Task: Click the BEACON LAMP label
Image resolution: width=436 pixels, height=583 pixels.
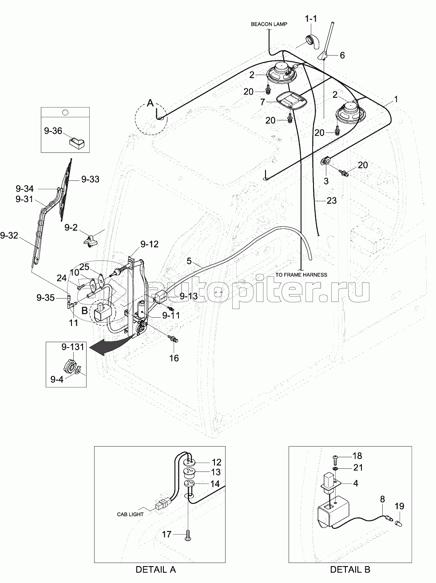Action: (269, 24)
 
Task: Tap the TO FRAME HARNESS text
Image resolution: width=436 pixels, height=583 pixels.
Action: (301, 275)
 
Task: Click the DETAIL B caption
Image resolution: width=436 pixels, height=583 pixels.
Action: (350, 569)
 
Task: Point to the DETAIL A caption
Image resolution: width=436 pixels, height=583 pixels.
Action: (156, 569)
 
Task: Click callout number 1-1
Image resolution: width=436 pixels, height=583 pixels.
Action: (311, 20)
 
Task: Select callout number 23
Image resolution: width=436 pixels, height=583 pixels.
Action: (332, 201)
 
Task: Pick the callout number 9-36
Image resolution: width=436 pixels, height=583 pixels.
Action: (53, 131)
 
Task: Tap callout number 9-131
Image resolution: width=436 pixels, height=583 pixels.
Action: (73, 347)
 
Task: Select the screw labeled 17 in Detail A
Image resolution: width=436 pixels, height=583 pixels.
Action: (188, 532)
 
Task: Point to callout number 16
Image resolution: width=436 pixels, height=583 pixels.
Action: (174, 358)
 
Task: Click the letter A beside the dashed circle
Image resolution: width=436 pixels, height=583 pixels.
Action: (151, 103)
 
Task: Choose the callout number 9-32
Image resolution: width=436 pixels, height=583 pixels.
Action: (9, 236)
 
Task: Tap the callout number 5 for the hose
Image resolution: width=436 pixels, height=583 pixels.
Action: (189, 261)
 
